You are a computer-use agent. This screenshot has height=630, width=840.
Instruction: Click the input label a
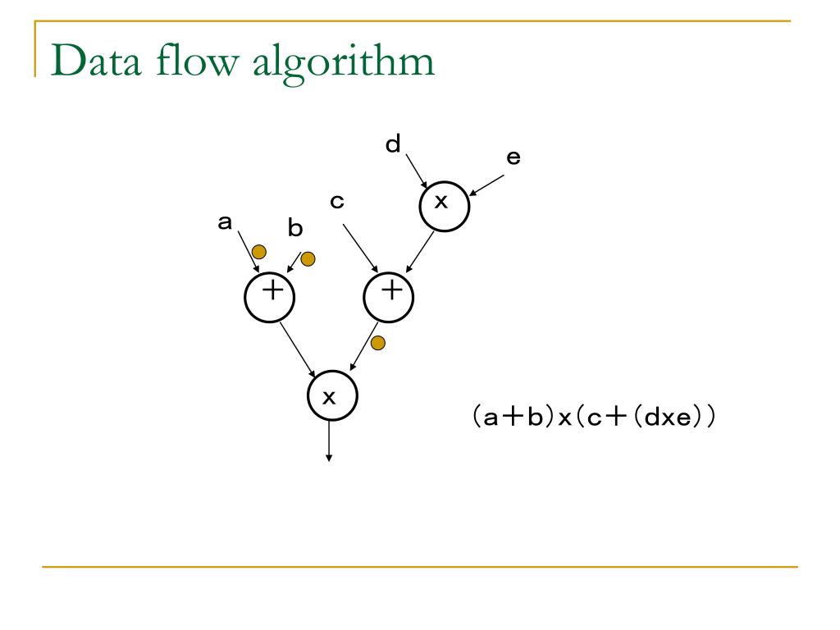tap(224, 221)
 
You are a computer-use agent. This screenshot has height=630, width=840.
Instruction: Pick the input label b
tap(294, 230)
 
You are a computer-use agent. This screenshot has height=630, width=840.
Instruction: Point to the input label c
tap(336, 201)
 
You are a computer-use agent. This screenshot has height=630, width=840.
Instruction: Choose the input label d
tap(394, 145)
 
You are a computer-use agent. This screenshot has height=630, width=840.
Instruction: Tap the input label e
tap(513, 157)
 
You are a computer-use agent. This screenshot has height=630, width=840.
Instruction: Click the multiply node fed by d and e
tap(444, 204)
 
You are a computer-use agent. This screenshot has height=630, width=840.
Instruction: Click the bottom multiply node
tap(331, 397)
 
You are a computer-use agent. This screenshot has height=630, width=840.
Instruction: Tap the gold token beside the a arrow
tap(259, 251)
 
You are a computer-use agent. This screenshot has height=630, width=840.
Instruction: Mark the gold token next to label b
tap(308, 259)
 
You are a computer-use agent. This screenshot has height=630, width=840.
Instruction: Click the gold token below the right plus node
tap(378, 343)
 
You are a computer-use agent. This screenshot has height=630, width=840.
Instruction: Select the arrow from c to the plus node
tap(359, 247)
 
